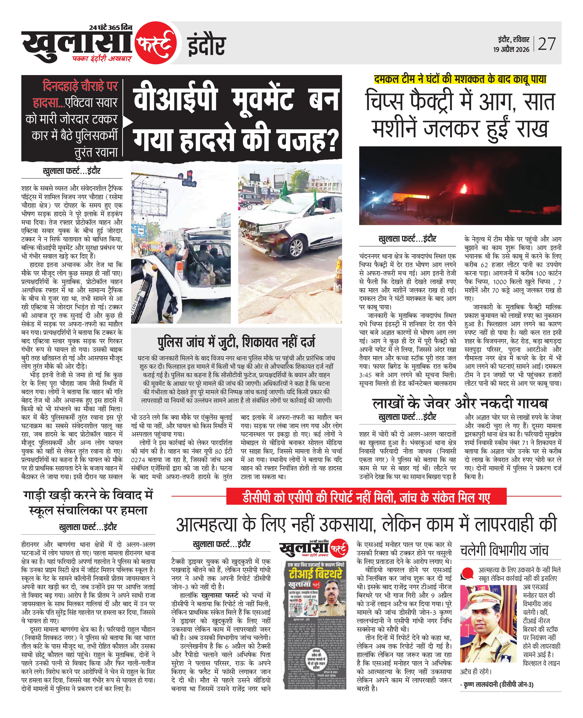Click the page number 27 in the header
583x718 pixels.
point(547,44)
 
